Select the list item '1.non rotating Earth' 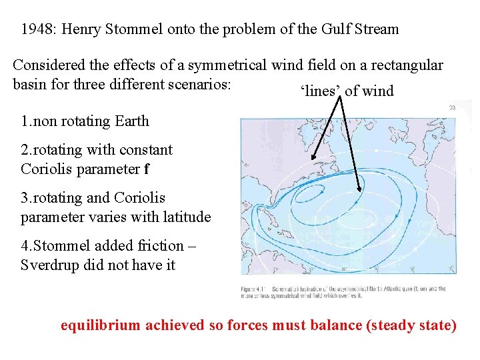[85, 121]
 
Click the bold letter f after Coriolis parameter [147, 169]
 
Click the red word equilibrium [101, 325]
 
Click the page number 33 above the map [451, 107]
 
